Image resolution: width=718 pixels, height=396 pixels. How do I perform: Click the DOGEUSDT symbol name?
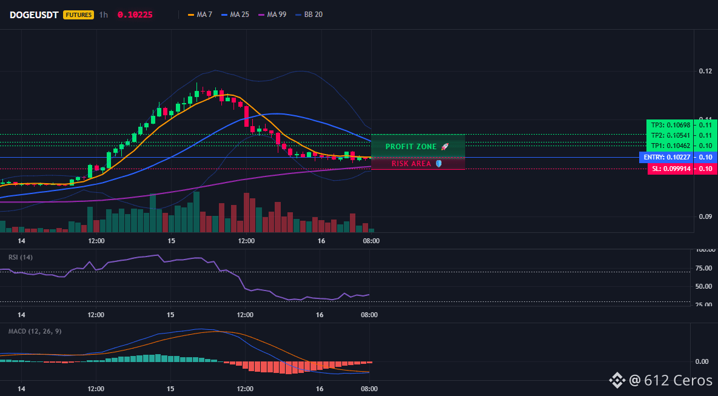coord(34,15)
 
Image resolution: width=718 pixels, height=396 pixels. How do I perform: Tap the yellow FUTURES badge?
coord(78,15)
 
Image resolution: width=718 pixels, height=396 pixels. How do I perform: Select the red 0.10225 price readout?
coord(135,15)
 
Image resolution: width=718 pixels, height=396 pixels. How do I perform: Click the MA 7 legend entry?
coord(201,15)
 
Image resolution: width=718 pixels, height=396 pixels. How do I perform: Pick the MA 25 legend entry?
coord(235,15)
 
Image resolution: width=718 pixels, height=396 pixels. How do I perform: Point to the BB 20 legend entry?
coord(309,15)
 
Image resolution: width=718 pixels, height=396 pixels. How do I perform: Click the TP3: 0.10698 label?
coord(670,125)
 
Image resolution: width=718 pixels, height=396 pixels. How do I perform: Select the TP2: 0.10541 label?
coord(670,135)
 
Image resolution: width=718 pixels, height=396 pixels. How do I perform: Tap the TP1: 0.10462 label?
coord(670,146)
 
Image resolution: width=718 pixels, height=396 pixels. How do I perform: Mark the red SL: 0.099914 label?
coord(670,169)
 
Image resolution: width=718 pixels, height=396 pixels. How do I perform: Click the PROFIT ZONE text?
coord(411,147)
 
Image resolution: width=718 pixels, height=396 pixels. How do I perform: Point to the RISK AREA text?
coord(411,164)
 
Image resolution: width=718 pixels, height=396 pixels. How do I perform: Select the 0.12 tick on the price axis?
coord(705,71)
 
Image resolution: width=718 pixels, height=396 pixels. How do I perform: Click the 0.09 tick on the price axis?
coord(705,216)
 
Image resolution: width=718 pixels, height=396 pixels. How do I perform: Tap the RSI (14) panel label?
coord(21,257)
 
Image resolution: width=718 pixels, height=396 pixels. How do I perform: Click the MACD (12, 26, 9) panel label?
coord(35,331)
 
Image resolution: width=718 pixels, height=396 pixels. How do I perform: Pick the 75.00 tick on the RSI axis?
coord(704,268)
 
